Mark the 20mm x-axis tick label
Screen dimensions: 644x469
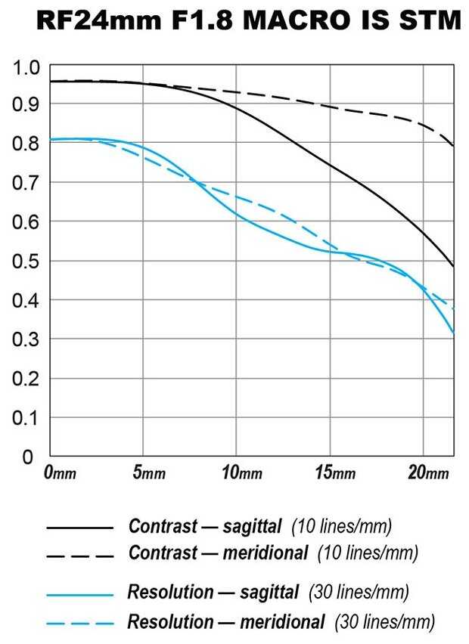[427, 473]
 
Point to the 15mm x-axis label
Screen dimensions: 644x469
[334, 473]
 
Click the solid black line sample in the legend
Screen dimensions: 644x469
[79, 527]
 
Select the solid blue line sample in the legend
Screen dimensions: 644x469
[79, 596]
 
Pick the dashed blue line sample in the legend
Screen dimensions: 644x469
[79, 624]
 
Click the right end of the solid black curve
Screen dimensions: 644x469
[453, 266]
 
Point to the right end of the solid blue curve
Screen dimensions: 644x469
[453, 332]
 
